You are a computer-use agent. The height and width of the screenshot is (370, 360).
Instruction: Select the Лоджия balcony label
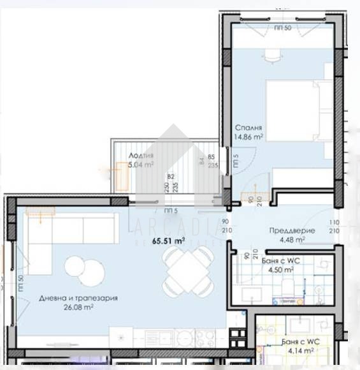click(140, 156)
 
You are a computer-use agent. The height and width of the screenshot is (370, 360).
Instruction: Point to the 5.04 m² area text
click(140, 165)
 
